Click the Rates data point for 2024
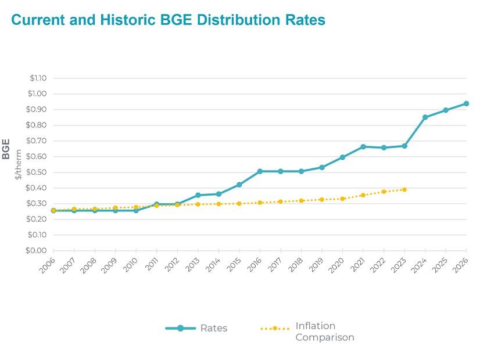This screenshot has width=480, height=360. [425, 117]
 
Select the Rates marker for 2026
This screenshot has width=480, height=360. [466, 104]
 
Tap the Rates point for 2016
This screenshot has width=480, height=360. [260, 171]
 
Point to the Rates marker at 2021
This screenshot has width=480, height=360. [363, 147]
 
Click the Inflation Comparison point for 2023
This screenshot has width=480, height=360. [404, 189]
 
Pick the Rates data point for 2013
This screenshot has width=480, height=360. [198, 195]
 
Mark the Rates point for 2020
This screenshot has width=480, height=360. [342, 157]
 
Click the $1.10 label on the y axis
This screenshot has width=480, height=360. [38, 78]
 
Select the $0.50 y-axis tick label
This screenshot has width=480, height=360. [38, 172]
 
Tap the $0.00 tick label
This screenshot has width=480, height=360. [38, 251]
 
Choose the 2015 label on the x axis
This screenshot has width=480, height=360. [235, 265]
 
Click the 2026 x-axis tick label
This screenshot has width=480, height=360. [461, 265]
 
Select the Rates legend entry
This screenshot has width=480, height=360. [213, 329]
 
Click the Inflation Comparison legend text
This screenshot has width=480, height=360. [324, 332]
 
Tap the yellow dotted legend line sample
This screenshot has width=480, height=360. [274, 329]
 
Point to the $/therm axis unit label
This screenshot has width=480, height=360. [19, 164]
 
